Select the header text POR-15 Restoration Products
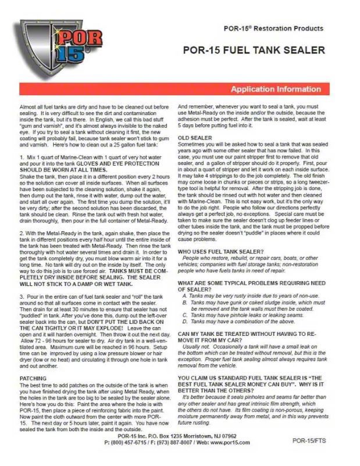pos(273,28)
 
